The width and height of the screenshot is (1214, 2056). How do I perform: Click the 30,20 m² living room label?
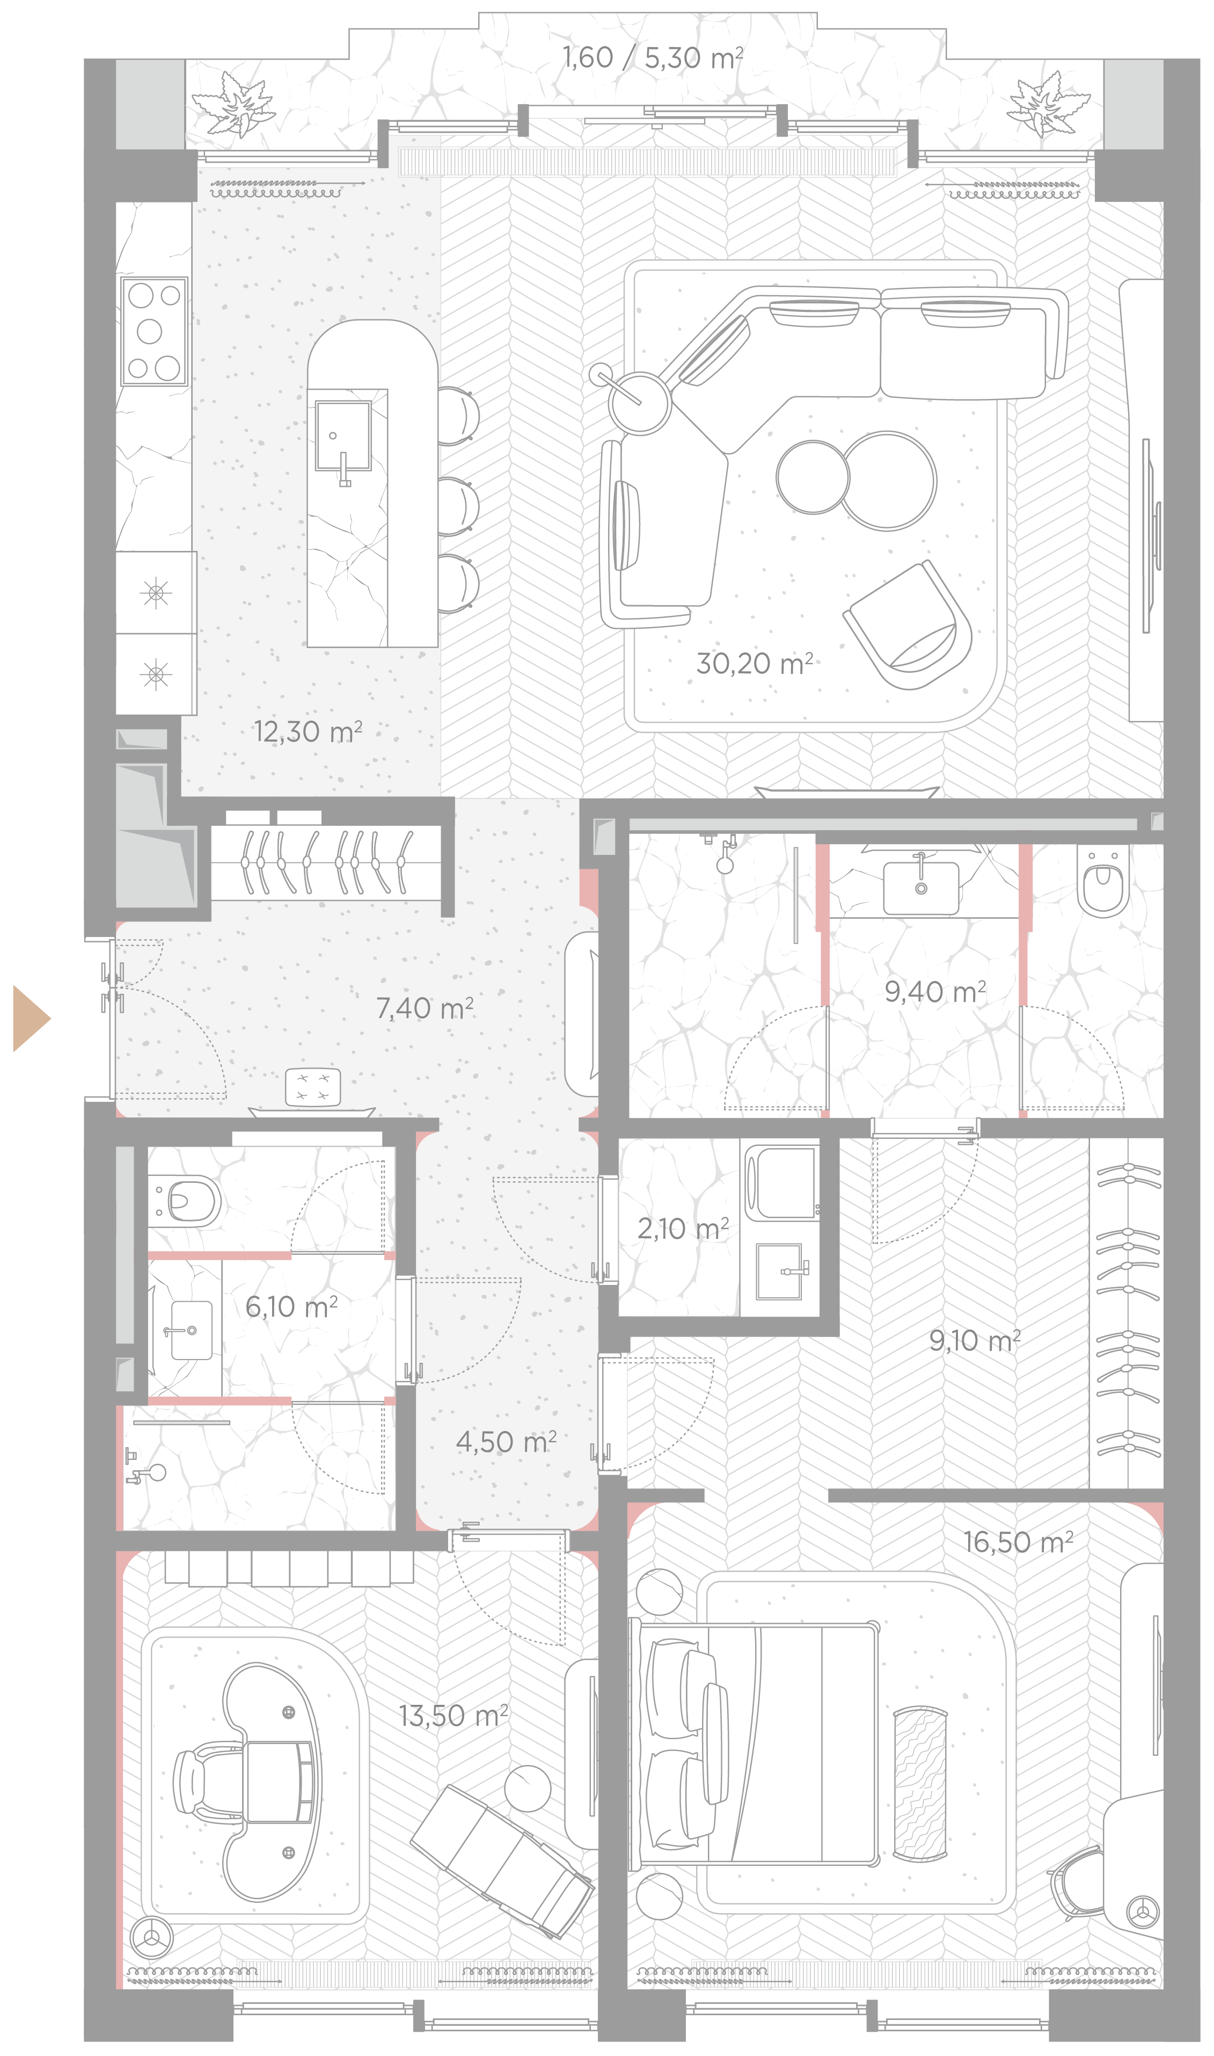click(754, 663)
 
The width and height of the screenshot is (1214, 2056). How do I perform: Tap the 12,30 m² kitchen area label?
click(308, 731)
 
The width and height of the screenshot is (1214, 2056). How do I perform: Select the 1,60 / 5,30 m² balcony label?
click(653, 57)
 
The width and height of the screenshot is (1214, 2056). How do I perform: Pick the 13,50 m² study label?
click(453, 1716)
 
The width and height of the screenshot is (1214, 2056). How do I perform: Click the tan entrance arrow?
click(31, 1018)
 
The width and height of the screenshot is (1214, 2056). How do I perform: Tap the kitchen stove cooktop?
click(155, 331)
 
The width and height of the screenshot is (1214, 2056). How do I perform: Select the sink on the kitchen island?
click(343, 436)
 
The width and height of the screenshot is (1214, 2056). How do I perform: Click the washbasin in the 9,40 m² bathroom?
click(921, 887)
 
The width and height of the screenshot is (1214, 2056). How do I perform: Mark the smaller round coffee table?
click(813, 477)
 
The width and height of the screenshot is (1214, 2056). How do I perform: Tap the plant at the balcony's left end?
click(233, 103)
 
